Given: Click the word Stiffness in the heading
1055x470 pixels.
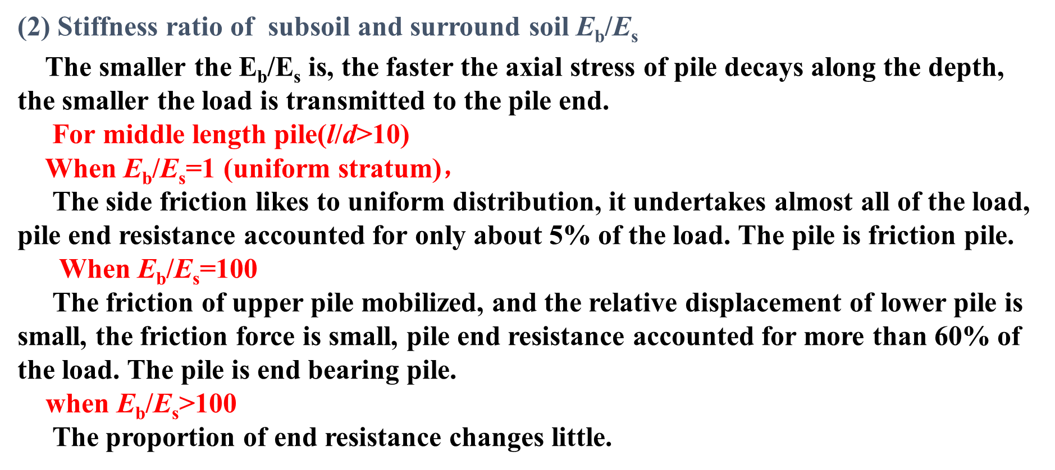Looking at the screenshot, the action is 107,27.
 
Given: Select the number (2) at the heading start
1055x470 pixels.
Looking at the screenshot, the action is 34,27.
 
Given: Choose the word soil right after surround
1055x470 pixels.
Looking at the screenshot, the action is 549,27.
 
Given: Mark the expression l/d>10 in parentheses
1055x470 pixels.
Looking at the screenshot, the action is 363,135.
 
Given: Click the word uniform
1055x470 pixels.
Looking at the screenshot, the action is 282,169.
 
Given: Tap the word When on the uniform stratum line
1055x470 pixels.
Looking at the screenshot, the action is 80,168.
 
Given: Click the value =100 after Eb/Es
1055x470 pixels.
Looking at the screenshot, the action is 229,269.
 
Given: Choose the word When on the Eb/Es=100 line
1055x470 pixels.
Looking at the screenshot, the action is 94,269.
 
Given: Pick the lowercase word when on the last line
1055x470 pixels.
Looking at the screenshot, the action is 77,404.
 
